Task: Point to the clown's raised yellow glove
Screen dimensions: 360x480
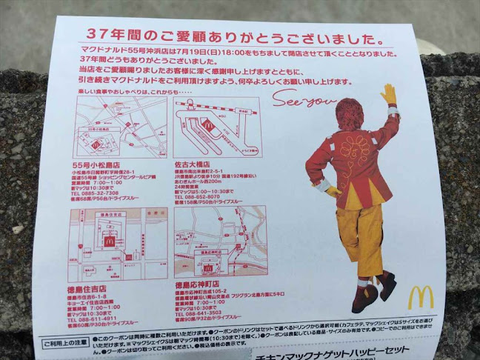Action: tap(388, 95)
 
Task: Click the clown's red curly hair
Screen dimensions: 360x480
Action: tap(351, 115)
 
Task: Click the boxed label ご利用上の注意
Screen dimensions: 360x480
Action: tap(62, 343)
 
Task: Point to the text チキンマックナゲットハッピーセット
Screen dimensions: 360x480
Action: tap(319, 355)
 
